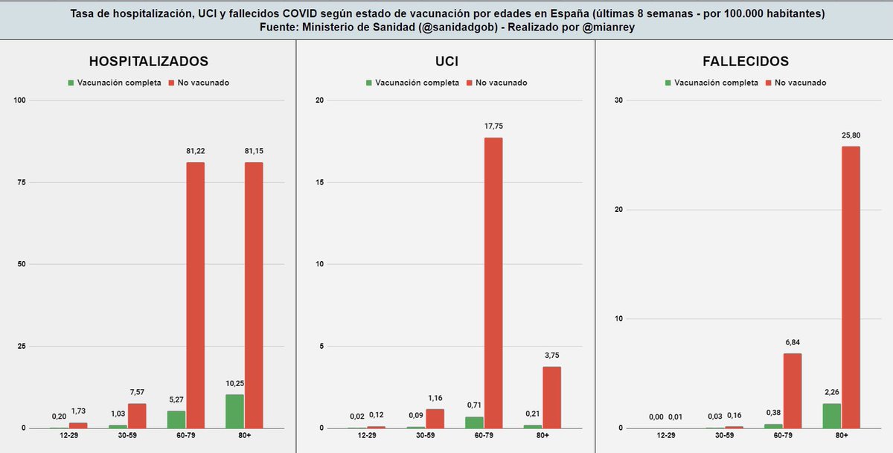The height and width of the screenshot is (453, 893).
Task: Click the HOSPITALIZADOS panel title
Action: (149, 61)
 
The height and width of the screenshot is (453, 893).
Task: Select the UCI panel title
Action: (446, 61)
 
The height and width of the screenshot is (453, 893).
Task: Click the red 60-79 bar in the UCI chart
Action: (493, 283)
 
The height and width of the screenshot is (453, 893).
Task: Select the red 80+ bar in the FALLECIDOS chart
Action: (851, 287)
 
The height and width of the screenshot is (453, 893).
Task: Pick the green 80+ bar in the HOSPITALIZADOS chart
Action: (234, 411)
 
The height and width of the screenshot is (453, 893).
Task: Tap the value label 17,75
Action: (493, 126)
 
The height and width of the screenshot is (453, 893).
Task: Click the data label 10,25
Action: (234, 382)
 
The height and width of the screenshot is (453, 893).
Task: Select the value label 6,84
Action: (792, 342)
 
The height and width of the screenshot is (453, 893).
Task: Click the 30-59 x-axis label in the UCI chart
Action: (425, 435)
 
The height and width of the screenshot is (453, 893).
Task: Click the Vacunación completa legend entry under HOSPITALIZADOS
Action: (115, 83)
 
